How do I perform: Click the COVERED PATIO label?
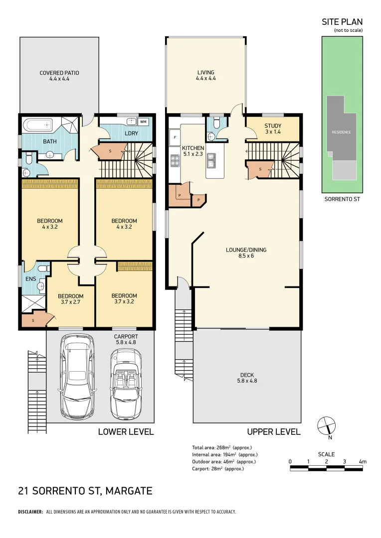tap(59, 76)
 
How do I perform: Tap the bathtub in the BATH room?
tap(38, 124)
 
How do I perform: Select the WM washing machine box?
tap(143, 122)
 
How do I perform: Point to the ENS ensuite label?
tap(30, 279)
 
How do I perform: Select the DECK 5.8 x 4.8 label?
tap(247, 378)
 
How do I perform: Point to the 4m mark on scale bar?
tap(363, 462)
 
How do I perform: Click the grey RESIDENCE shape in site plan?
tap(342, 132)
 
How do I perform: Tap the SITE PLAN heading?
tap(342, 22)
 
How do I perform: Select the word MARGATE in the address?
tap(128, 491)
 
